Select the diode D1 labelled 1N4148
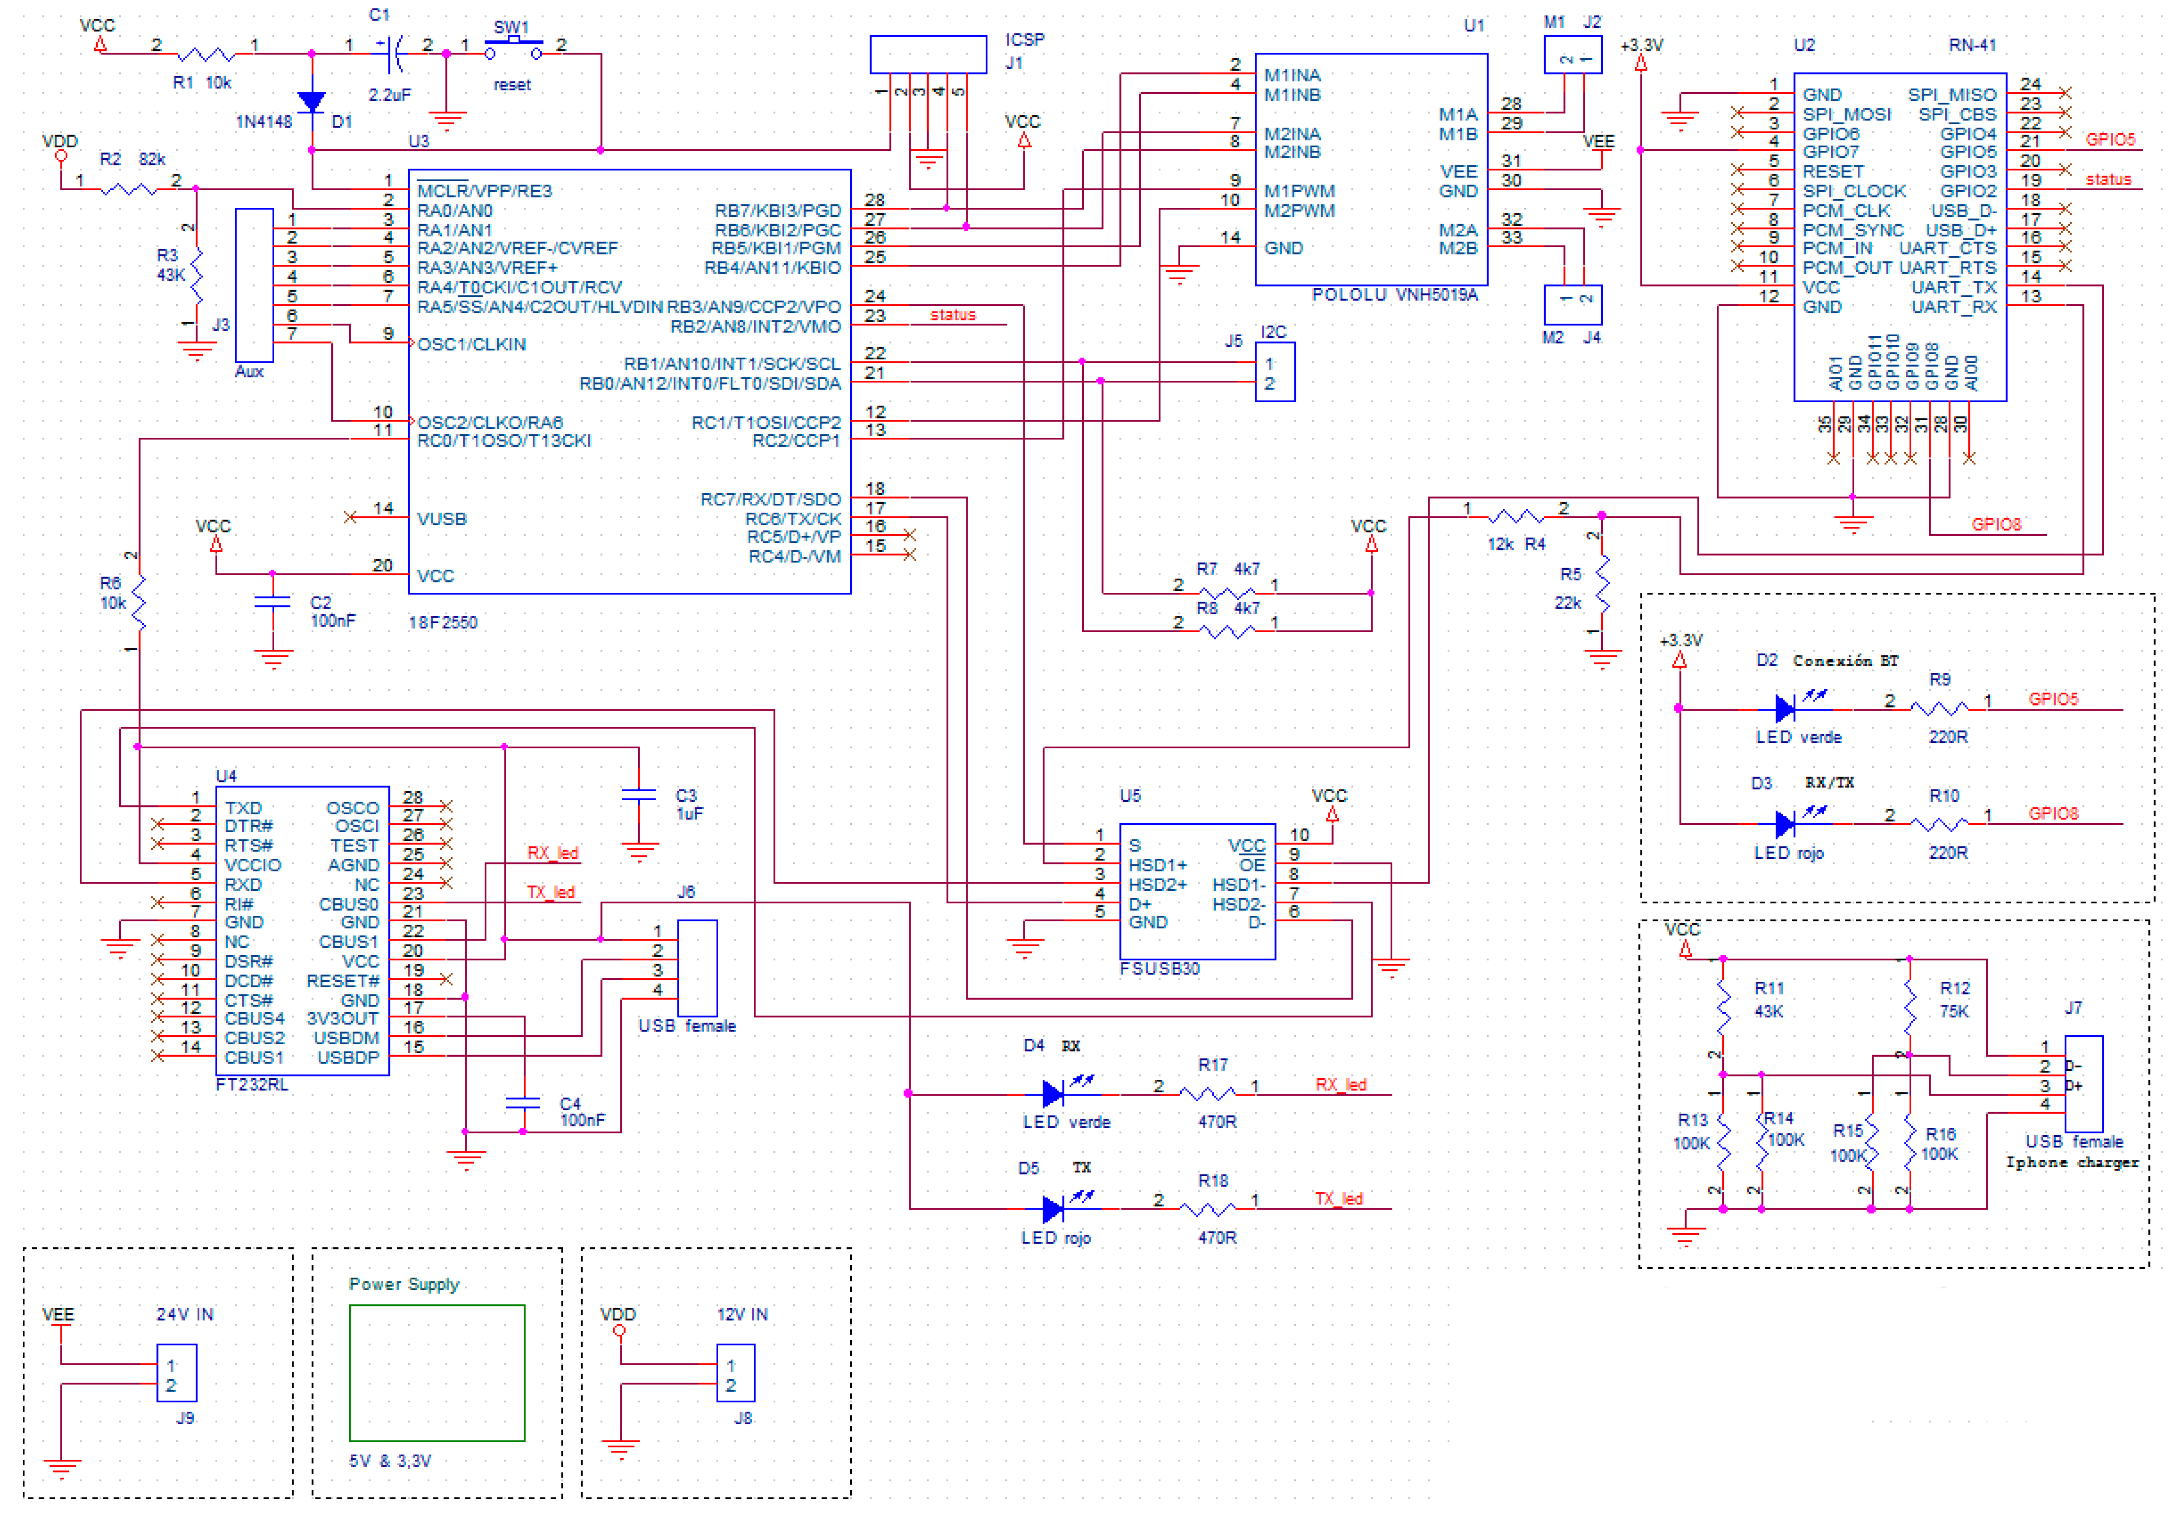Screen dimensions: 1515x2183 pos(312,102)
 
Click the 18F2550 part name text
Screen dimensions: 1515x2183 pos(443,623)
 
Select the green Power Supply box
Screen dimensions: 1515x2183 pos(437,1373)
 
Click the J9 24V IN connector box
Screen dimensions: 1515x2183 pos(177,1373)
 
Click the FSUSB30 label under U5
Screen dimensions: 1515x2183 pos(1159,969)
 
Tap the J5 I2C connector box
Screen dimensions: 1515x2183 pos(1274,372)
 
